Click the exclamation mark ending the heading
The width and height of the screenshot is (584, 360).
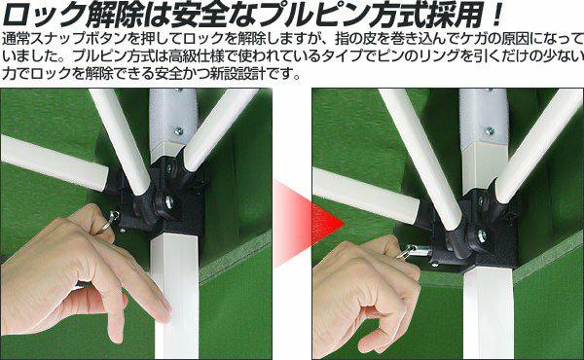tap(496, 15)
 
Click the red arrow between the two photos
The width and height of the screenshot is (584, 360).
tap(309, 224)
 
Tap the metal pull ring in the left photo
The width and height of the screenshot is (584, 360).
tap(114, 216)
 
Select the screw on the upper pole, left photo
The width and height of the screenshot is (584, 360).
tap(179, 131)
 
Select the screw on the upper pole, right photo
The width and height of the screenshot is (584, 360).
tap(489, 130)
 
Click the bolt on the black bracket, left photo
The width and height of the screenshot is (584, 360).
tap(168, 201)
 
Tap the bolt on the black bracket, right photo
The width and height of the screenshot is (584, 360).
tap(482, 236)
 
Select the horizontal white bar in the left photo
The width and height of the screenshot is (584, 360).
tap(54, 163)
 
